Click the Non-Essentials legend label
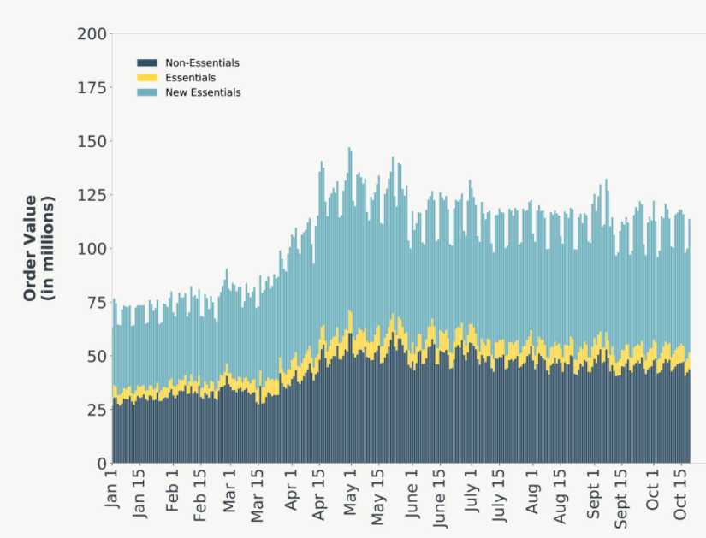[202, 62]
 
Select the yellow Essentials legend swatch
[147, 78]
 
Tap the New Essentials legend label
[203, 92]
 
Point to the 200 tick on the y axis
[92, 34]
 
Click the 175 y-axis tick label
[92, 88]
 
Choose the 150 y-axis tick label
[92, 141]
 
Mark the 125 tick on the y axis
[92, 195]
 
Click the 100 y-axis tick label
[92, 249]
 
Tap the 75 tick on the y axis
[96, 302]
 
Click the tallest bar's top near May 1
[349, 149]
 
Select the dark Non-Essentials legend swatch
[147, 62]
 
